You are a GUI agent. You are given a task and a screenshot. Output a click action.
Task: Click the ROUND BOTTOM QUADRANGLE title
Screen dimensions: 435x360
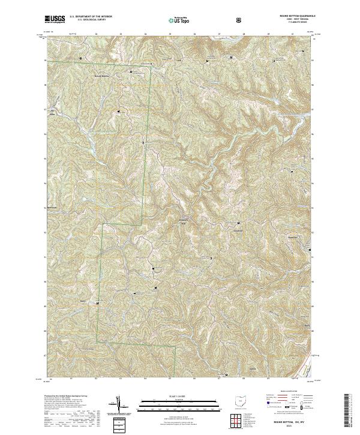point(290,17)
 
